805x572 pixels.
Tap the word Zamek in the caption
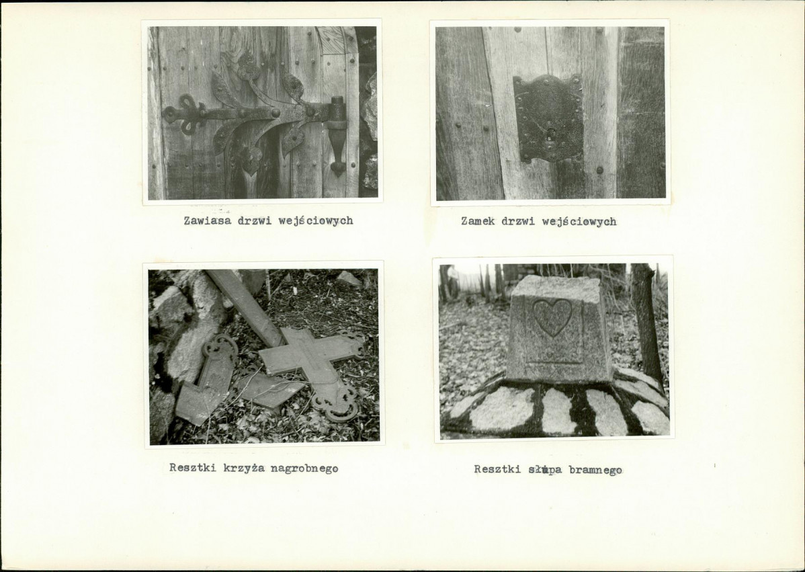(478, 221)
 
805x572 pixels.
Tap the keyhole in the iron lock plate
(551, 136)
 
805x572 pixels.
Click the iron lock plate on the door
(548, 118)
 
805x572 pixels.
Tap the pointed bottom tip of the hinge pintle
(338, 173)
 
